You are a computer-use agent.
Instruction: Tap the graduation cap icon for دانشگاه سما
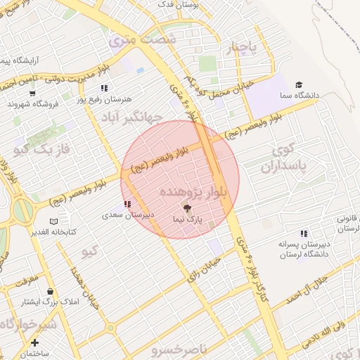coord(300,85)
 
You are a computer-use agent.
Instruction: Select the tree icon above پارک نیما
coord(186,208)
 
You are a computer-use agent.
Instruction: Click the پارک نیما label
coord(186,219)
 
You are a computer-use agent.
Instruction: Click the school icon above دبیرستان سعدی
coord(127,204)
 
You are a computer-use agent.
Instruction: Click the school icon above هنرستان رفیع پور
coord(104,89)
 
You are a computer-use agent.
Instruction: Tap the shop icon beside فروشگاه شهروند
coord(32,92)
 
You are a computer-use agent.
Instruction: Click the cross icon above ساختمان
coord(34,342)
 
